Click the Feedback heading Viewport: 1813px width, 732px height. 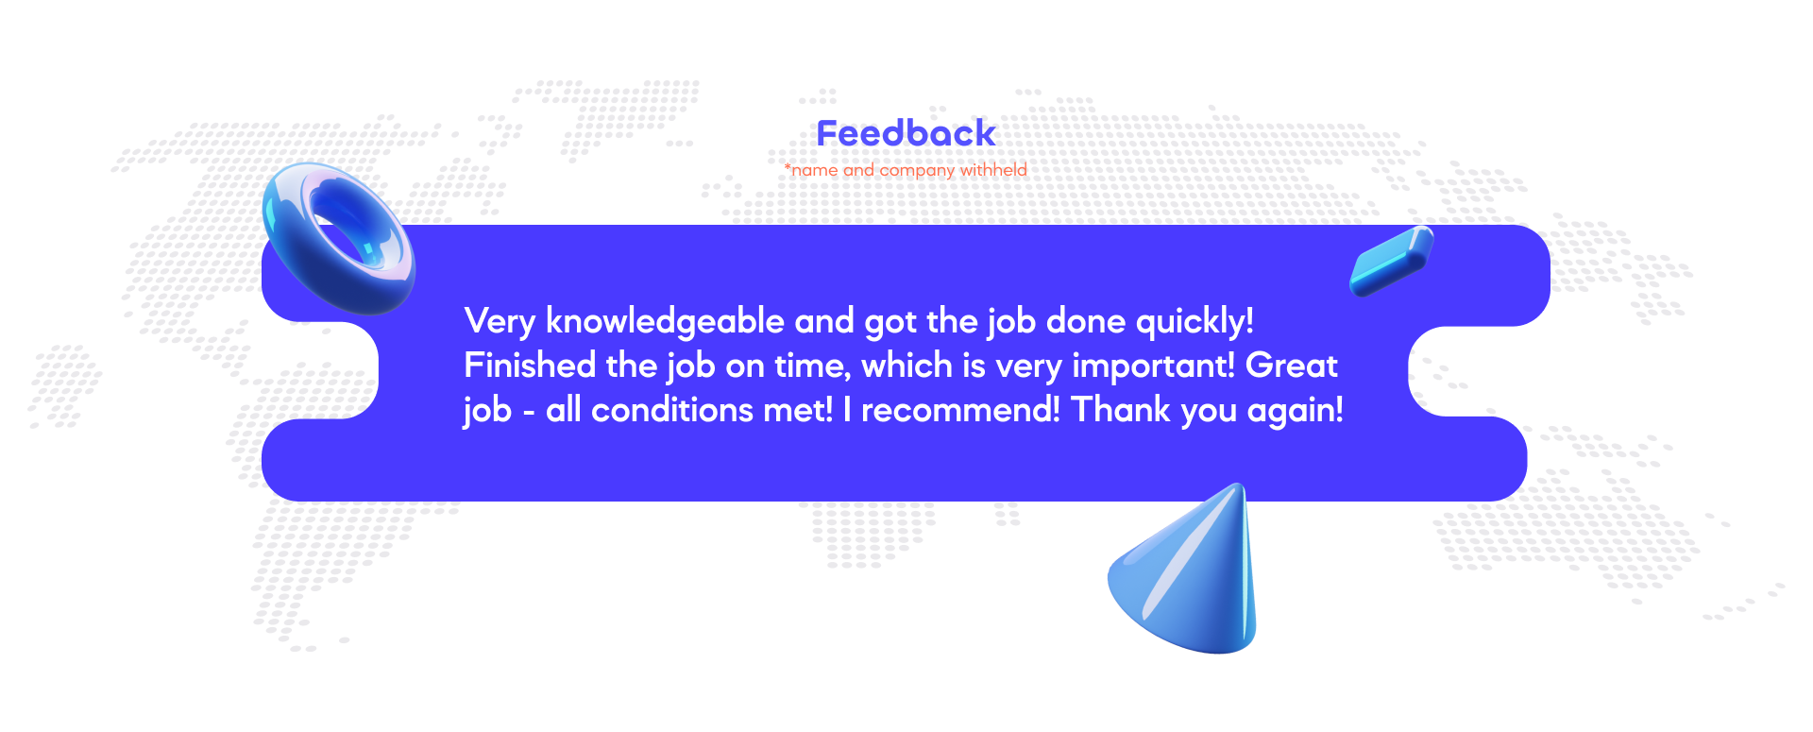point(906,133)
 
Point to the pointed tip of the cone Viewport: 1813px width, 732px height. point(1240,486)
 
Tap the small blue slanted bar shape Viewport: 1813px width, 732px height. point(1392,261)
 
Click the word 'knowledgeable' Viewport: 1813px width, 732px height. point(665,322)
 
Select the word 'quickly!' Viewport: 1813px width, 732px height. point(1195,322)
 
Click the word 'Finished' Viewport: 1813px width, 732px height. point(530,366)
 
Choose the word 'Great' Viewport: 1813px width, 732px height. point(1292,366)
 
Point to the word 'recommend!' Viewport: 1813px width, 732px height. point(960,410)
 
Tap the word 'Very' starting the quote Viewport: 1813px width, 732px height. point(500,322)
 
